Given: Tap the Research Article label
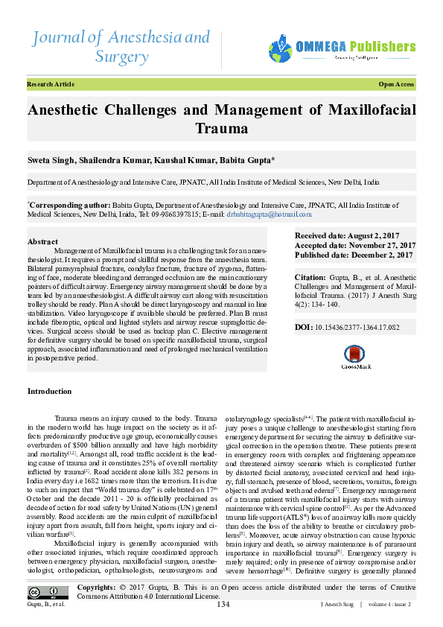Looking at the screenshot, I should point(51,85).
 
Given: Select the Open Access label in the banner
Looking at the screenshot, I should point(396,85).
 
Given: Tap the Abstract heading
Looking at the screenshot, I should point(42,242).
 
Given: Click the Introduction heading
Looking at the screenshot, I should point(50,391).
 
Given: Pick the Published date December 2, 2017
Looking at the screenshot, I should point(354,255).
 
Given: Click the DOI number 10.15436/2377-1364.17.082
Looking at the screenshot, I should point(357,327).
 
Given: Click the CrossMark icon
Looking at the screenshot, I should point(354,357).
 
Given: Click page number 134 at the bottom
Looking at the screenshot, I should point(223,604).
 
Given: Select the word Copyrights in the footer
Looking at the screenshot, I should point(95,588).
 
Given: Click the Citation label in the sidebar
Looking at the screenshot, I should point(310,276).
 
